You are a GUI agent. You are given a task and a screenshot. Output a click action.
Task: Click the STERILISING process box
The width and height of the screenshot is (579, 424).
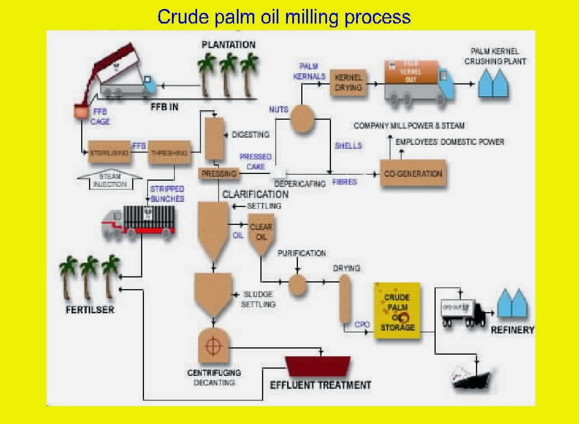(x=110, y=152)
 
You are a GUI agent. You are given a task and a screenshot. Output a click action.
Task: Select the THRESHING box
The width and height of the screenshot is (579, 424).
(x=169, y=152)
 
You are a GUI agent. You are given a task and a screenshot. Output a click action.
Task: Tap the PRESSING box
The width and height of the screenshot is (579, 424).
(x=219, y=173)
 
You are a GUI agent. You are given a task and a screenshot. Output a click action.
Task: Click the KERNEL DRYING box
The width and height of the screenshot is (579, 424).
(x=348, y=82)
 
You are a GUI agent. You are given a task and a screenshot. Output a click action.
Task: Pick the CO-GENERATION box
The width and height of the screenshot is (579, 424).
(x=413, y=173)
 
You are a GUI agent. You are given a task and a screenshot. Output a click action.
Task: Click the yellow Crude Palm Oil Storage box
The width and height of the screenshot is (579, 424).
(x=397, y=312)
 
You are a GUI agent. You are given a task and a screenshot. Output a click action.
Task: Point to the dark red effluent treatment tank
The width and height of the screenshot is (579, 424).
(x=318, y=366)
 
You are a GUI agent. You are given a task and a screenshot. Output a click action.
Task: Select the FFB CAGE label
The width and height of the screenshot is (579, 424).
(x=100, y=116)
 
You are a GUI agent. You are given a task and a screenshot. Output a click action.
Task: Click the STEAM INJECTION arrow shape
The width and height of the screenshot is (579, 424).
(x=110, y=180)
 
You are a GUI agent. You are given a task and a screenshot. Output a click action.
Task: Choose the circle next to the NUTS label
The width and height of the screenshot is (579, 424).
(x=302, y=118)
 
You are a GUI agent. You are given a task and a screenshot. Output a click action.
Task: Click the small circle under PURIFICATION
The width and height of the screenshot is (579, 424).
(x=298, y=285)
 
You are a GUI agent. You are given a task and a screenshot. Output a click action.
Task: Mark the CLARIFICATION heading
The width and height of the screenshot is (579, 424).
(x=255, y=194)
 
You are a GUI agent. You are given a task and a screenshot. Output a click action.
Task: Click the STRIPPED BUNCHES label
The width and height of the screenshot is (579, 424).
(x=167, y=194)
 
